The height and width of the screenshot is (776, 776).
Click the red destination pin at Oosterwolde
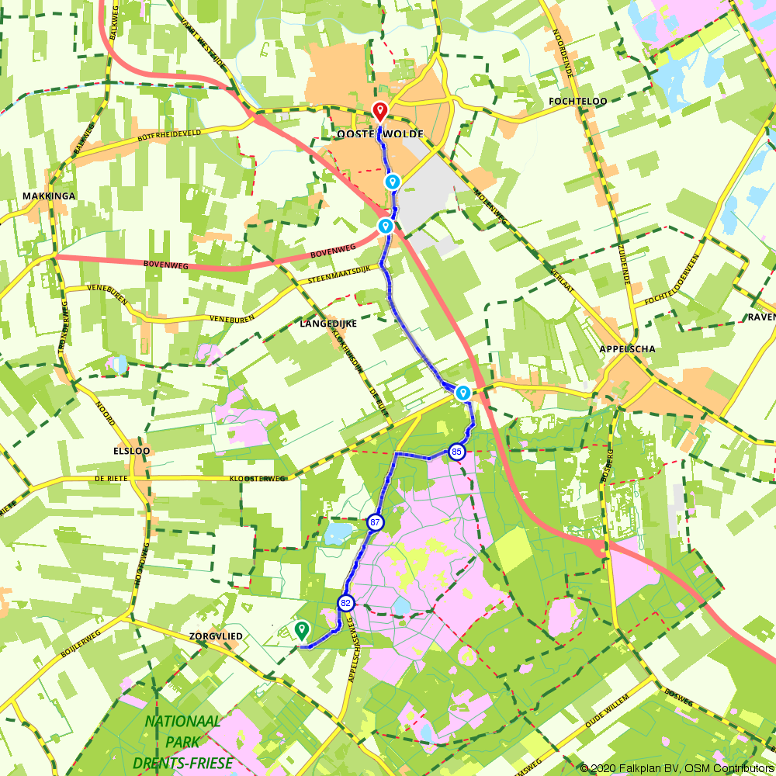point(380,112)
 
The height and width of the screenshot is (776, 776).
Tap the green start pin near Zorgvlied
point(301,629)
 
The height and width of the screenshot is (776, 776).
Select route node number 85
point(457,452)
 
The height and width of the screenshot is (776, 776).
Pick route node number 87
point(376,523)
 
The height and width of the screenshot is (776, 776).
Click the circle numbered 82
point(346,603)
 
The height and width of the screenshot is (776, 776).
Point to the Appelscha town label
point(627,349)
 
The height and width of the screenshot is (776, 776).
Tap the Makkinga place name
point(48,196)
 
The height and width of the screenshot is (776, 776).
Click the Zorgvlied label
point(216,636)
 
